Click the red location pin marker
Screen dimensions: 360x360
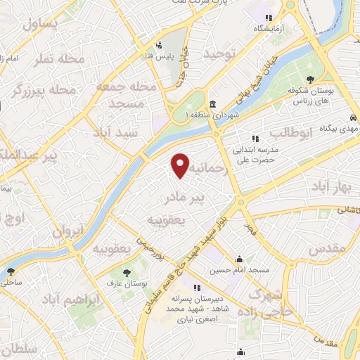coord(181,165)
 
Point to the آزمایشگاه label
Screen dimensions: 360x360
coord(271,28)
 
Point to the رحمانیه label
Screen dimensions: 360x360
coord(211,169)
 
